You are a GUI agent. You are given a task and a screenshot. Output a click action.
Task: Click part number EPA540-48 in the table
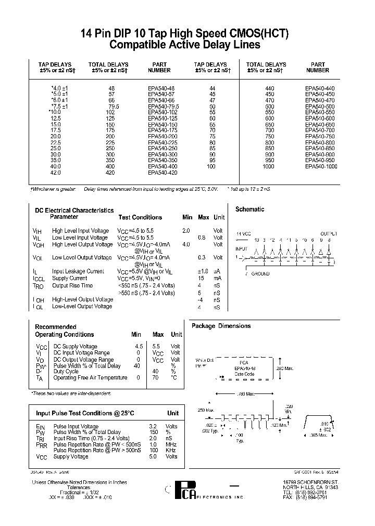[161, 89]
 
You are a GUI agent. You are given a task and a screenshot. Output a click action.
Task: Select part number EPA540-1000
[321, 166]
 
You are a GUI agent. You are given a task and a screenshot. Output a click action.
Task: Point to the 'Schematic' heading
[250, 209]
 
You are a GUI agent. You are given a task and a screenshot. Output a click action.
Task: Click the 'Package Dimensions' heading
[221, 326]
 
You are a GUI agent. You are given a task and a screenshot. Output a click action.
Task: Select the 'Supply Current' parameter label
[70, 279]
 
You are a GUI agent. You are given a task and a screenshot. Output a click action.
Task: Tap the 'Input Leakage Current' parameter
[78, 271]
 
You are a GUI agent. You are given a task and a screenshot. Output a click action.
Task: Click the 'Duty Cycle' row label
[66, 372]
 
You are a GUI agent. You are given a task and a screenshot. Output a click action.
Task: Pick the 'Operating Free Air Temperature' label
[90, 378]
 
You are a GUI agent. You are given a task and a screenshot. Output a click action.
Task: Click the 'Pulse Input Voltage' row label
[76, 426]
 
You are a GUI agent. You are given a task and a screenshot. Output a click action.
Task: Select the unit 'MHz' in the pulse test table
[172, 444]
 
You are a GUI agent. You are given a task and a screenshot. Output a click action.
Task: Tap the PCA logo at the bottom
[184, 492]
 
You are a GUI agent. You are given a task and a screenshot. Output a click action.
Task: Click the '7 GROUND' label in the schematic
[257, 273]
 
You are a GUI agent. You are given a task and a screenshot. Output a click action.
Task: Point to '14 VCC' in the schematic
[244, 234]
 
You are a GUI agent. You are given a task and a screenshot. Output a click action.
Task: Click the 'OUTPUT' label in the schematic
[328, 234]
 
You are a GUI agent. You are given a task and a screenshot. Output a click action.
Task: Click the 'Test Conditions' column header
[140, 217]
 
